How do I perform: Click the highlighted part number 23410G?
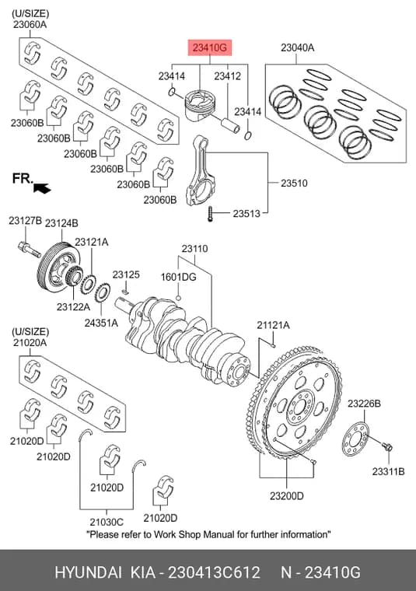[x=210, y=48]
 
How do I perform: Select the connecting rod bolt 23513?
[x=210, y=214]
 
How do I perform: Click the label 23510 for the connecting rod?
[x=294, y=184]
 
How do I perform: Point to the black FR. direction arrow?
[x=42, y=187]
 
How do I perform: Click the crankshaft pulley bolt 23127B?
[x=29, y=249]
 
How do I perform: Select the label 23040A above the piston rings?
[x=297, y=48]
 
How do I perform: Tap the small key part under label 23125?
[x=126, y=291]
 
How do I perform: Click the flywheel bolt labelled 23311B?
[x=386, y=447]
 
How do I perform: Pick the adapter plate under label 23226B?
[x=355, y=439]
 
